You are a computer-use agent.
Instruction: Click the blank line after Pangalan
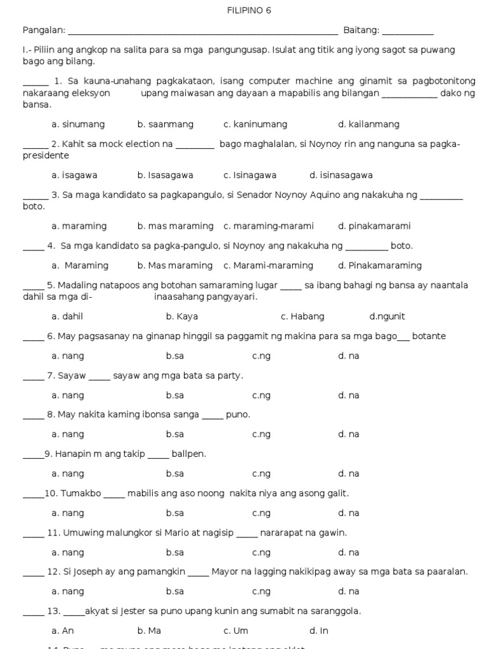click(203, 32)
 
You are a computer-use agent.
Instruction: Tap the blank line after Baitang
click(408, 32)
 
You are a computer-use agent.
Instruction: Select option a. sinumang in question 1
click(78, 124)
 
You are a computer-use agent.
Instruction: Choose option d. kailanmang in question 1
click(368, 124)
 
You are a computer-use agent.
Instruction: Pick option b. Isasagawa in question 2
click(165, 175)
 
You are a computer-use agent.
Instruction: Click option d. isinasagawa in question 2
click(341, 175)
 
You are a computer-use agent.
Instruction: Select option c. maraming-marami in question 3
click(268, 226)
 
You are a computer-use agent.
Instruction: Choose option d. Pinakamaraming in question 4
click(380, 266)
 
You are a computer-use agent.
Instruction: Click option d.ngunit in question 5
click(387, 316)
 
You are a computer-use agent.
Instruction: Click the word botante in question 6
click(429, 336)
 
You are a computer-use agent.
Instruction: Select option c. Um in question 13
click(236, 631)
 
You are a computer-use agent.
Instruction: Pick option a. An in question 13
click(63, 631)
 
